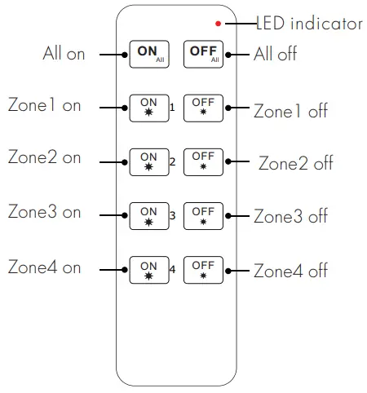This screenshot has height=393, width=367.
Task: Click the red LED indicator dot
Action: pyautogui.click(x=218, y=24)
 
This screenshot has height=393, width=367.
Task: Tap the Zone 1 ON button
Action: pyautogui.click(x=148, y=108)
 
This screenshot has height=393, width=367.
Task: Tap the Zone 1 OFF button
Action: pyautogui.click(x=203, y=108)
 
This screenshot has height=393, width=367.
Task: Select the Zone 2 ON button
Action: pyautogui.click(x=148, y=161)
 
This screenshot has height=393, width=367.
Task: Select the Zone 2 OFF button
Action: pyautogui.click(x=203, y=161)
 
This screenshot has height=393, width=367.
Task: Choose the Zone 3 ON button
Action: pyautogui.click(x=148, y=215)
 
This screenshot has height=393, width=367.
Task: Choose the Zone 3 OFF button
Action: pyautogui.click(x=203, y=215)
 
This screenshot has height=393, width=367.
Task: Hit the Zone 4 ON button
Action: pyautogui.click(x=148, y=269)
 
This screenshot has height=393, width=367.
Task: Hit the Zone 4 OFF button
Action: pyautogui.click(x=203, y=269)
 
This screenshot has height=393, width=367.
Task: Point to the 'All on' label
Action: pyautogui.click(x=64, y=54)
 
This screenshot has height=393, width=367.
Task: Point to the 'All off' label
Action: pyautogui.click(x=276, y=55)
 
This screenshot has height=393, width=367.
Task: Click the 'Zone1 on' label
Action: pyautogui.click(x=44, y=105)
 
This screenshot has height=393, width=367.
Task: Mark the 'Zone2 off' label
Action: pyautogui.click(x=295, y=162)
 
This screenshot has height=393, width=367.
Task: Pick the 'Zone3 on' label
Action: pyautogui.click(x=44, y=212)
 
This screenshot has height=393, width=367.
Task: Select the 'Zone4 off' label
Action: pyautogui.click(x=290, y=270)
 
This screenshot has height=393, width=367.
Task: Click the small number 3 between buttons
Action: pyautogui.click(x=173, y=215)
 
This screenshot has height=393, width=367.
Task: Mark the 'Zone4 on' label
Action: pyautogui.click(x=44, y=267)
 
